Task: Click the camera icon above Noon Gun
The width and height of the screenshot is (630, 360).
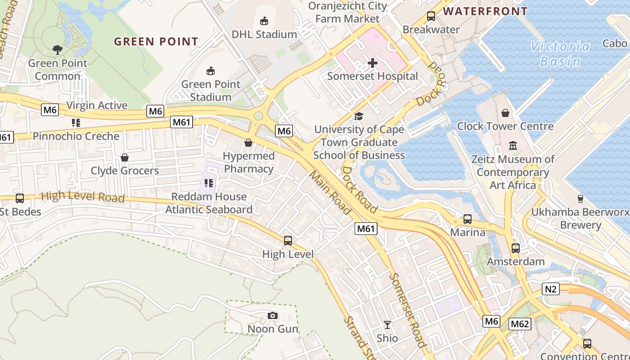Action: (x=272, y=316)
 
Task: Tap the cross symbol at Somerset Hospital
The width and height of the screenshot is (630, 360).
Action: (x=373, y=63)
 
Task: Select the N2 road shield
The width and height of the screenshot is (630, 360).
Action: (x=551, y=289)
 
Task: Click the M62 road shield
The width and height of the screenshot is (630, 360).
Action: (x=520, y=324)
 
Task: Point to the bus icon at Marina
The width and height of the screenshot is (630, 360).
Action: (x=468, y=219)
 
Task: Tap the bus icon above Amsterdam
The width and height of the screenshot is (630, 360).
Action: (x=515, y=248)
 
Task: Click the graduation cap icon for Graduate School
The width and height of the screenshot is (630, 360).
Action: (x=359, y=117)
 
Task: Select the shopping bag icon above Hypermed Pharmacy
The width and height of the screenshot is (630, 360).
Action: (x=248, y=143)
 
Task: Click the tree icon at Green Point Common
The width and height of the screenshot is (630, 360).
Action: (x=57, y=49)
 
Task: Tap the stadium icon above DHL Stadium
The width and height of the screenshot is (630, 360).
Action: (x=264, y=21)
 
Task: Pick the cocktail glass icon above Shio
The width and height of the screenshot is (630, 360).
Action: (x=387, y=325)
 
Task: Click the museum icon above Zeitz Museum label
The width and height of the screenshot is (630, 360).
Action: (x=513, y=146)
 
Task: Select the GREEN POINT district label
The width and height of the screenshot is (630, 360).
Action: (x=156, y=42)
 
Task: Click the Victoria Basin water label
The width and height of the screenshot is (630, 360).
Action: (x=560, y=54)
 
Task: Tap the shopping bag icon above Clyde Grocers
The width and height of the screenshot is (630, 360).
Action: (x=125, y=157)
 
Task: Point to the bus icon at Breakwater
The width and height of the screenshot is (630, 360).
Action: (x=431, y=16)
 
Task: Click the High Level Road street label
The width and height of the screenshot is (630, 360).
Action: (x=83, y=196)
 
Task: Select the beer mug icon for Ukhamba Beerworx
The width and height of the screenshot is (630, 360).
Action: (x=580, y=198)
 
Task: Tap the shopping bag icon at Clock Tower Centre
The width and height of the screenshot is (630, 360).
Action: (x=505, y=113)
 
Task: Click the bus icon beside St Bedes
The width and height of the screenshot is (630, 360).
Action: (x=20, y=198)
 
